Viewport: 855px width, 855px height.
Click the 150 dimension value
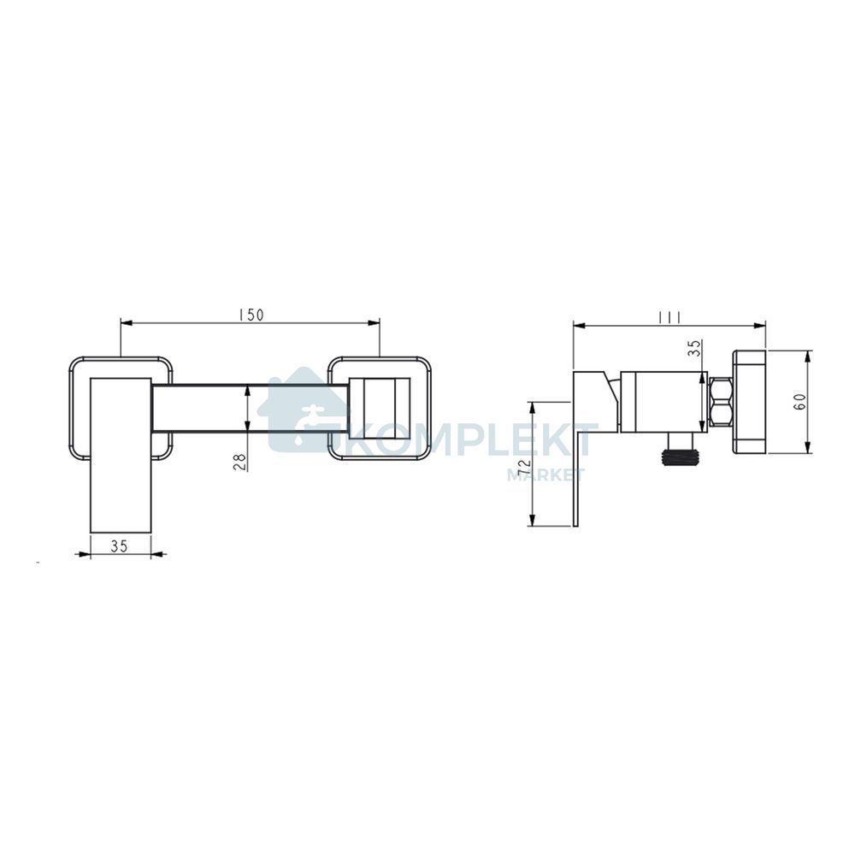coord(251,315)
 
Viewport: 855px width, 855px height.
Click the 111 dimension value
coord(669,318)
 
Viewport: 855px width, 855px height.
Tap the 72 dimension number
coord(525,469)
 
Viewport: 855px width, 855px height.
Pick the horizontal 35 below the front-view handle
coord(119,545)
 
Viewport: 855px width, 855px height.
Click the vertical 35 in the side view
coord(693,349)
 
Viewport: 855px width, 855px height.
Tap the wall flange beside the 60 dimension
coord(749,403)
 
